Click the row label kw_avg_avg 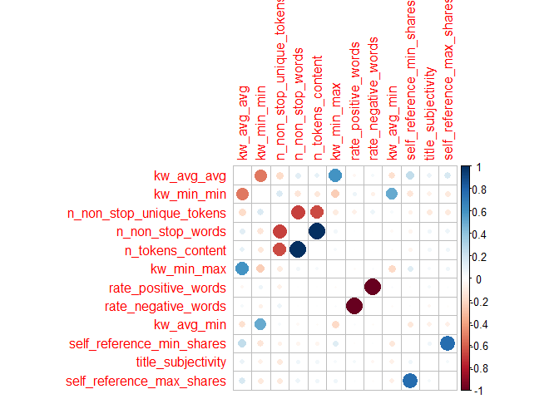pyautogui.click(x=190, y=175)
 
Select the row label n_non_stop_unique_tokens pyautogui.click(x=146, y=213)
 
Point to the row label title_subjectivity pyautogui.click(x=181, y=362)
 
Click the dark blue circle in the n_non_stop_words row pyautogui.click(x=317, y=231)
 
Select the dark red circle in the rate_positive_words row pyautogui.click(x=373, y=288)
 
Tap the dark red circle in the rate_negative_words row pyautogui.click(x=354, y=306)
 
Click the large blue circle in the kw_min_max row pyautogui.click(x=242, y=268)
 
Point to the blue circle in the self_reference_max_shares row pyautogui.click(x=410, y=381)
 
